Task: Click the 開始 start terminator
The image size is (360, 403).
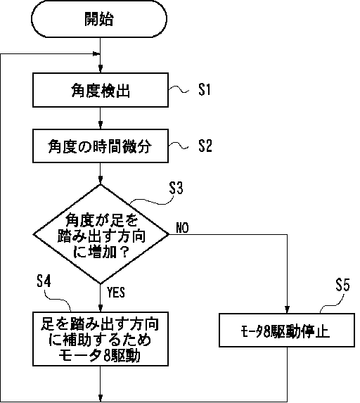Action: click(x=99, y=19)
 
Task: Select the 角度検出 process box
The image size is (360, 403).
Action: click(x=101, y=90)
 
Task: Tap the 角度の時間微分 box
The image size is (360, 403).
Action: click(x=101, y=146)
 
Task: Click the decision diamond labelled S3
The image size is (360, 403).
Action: click(x=101, y=234)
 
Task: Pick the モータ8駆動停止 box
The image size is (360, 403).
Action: click(x=287, y=330)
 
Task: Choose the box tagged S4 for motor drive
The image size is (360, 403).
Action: click(x=101, y=339)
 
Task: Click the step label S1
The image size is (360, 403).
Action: click(x=205, y=90)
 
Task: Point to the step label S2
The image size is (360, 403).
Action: click(x=205, y=146)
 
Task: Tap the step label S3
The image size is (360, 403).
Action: click(x=176, y=188)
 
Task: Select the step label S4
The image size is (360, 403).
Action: click(x=44, y=281)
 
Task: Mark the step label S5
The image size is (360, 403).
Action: click(x=342, y=285)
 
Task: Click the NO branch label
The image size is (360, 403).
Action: click(x=182, y=227)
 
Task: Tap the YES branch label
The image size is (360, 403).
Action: click(x=116, y=293)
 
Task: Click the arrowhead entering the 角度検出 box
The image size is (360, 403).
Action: click(x=101, y=69)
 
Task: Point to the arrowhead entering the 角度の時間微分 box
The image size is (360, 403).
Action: click(x=101, y=125)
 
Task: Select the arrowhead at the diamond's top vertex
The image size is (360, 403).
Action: click(x=101, y=181)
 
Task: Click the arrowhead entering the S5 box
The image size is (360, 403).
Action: click(x=287, y=309)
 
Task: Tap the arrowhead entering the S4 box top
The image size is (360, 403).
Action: click(x=101, y=308)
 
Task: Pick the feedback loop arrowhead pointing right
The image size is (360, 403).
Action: click(x=96, y=54)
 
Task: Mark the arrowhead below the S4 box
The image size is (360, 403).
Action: click(x=101, y=398)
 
